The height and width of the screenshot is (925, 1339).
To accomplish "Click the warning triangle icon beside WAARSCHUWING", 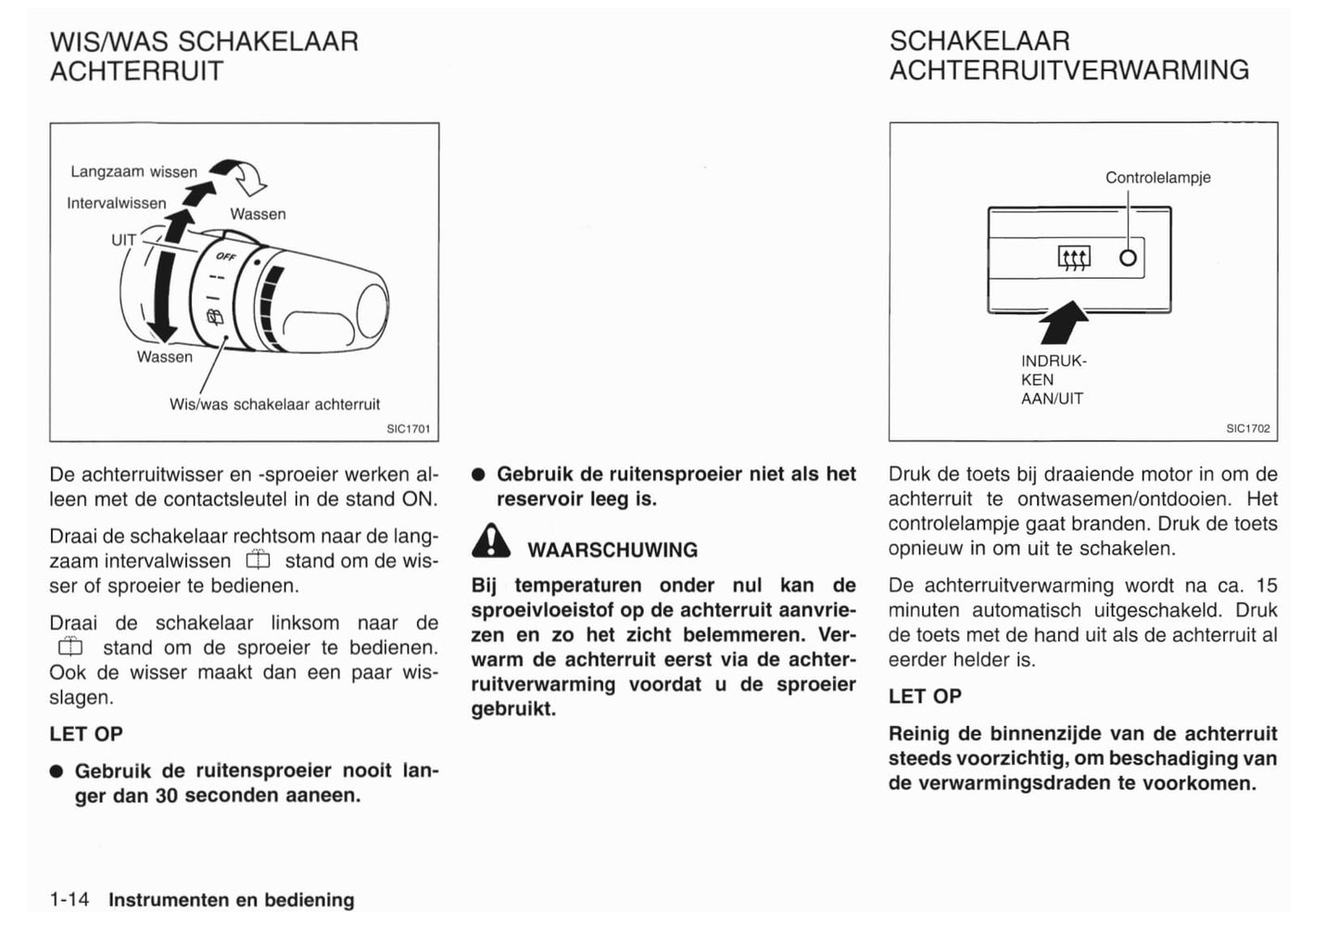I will [x=490, y=541].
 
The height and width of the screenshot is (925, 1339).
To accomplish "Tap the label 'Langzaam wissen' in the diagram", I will [x=133, y=172].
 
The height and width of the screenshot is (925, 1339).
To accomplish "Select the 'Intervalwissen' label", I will [x=116, y=203].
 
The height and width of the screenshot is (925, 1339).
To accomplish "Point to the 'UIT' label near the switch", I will [x=123, y=240].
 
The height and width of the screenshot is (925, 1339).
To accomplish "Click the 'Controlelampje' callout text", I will [x=1157, y=178].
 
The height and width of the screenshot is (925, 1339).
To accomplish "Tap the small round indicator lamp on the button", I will [x=1128, y=258].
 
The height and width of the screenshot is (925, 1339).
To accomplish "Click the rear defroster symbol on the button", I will [x=1074, y=258].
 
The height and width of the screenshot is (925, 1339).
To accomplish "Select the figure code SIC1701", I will [x=408, y=429].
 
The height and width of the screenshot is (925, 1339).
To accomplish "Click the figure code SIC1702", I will [x=1247, y=429].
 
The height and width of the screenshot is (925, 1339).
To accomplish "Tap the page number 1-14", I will [x=69, y=900].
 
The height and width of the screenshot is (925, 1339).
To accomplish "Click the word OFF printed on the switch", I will [x=225, y=257].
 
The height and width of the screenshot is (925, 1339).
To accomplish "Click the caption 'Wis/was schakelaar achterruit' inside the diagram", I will [x=274, y=405].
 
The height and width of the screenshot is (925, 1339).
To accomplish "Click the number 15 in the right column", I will [x=1266, y=586].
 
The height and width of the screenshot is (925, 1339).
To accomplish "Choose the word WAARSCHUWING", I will [x=612, y=551].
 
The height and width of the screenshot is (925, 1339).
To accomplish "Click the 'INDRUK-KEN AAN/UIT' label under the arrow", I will [x=1054, y=380].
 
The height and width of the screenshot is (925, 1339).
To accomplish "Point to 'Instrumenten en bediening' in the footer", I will [x=231, y=900].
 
